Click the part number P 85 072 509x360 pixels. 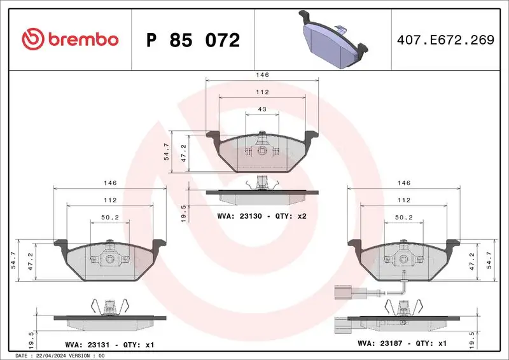point(193,40)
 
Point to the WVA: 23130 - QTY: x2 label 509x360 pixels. point(262,216)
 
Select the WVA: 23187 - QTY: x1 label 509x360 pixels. point(402,344)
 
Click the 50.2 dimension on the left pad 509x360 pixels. point(110,218)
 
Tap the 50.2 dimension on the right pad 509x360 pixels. point(403,218)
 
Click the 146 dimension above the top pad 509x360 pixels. point(262,74)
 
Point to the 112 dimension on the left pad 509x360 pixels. point(110,200)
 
